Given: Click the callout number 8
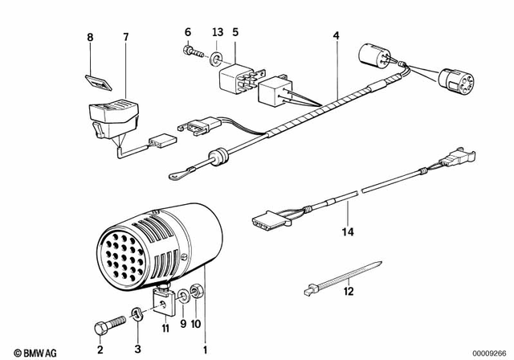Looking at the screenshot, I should tap(91, 37).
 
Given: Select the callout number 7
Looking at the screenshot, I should tap(124, 37).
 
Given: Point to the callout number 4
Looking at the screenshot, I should tap(337, 36).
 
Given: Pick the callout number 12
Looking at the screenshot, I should tap(348, 292).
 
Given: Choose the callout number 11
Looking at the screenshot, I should tap(165, 327).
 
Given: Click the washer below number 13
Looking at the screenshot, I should tap(216, 59).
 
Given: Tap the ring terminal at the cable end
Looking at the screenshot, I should tap(174, 171).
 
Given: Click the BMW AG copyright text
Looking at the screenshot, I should tap(27, 352).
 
